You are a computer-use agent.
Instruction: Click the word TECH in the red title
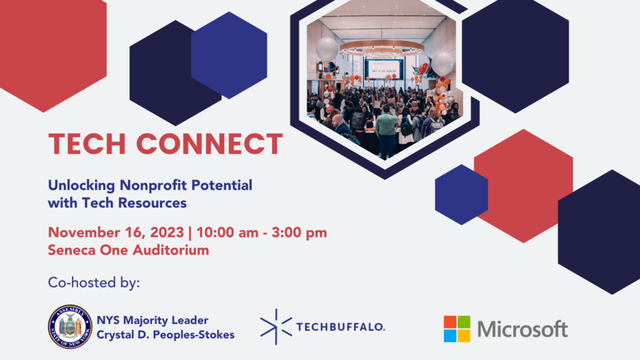tap(87, 144)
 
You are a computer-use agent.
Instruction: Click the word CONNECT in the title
tap(209, 144)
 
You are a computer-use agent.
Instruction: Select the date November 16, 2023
tap(116, 232)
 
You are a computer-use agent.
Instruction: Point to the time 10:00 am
tap(227, 232)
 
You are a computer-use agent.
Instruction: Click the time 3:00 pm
tap(299, 232)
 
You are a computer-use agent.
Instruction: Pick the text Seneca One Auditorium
tap(129, 250)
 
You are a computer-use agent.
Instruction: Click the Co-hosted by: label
tap(94, 282)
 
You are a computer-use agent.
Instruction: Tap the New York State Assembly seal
tap(70, 326)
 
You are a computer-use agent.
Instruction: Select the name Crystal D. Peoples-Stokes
tap(165, 335)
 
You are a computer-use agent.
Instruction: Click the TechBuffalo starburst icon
tap(276, 326)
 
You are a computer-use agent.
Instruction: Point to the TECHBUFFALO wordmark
tap(341, 327)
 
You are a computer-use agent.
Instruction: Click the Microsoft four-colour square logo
tap(457, 329)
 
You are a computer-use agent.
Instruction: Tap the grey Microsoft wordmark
tap(522, 329)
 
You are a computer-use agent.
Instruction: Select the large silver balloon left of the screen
tap(327, 49)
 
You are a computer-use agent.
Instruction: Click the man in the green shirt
tap(386, 131)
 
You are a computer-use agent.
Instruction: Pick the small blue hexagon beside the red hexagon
tap(461, 194)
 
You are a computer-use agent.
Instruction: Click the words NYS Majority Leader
tap(152, 320)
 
